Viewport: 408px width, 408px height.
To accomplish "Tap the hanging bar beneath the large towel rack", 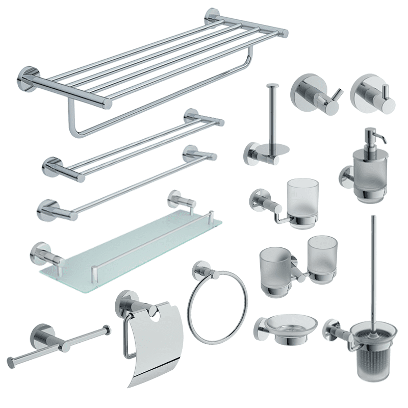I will (x=153, y=102).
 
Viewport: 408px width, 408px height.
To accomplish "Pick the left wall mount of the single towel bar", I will (x=47, y=210).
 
